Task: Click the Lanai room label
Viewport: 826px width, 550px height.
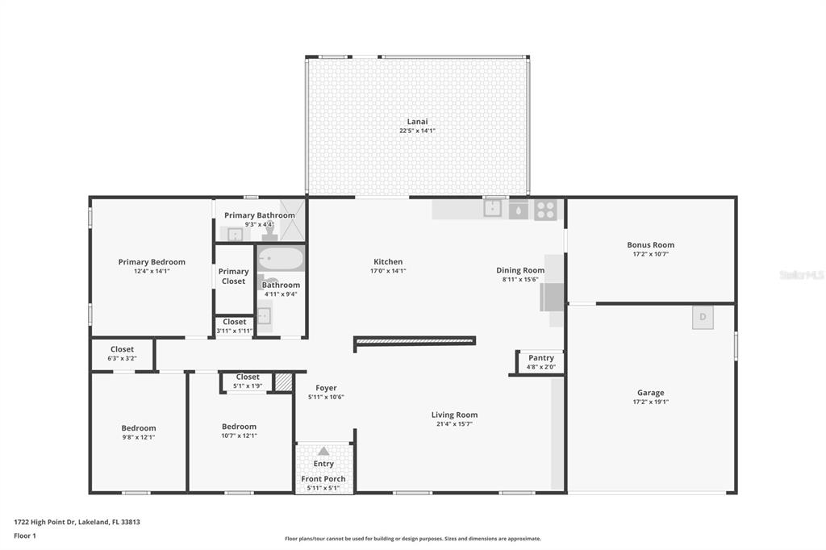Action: (x=417, y=122)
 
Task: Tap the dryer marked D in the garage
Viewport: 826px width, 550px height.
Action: (x=703, y=317)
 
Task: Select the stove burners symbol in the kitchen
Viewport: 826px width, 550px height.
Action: (x=546, y=210)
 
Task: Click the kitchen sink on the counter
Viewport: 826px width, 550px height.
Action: (x=493, y=208)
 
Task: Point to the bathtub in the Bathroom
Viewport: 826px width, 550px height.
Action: (x=281, y=259)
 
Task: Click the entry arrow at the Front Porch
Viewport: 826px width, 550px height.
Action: (x=323, y=451)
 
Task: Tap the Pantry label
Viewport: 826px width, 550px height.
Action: (x=541, y=358)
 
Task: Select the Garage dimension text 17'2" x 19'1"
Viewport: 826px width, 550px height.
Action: (x=651, y=402)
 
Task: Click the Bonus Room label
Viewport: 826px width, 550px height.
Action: (x=651, y=244)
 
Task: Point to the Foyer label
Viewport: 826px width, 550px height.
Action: (x=326, y=388)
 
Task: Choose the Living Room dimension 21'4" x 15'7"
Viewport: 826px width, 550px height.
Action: (x=455, y=423)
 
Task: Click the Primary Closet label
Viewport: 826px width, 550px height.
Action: (x=233, y=276)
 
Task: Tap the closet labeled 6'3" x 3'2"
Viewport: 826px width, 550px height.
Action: (x=123, y=353)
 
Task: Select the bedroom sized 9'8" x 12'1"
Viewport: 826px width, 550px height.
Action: (x=139, y=432)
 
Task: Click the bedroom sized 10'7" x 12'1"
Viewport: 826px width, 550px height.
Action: (x=240, y=431)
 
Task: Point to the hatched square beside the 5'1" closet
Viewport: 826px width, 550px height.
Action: (x=283, y=382)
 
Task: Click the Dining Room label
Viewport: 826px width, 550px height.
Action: (x=520, y=270)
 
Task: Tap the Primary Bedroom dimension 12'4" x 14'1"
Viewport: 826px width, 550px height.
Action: (x=152, y=271)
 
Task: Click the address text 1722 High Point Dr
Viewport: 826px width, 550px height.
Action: (x=45, y=522)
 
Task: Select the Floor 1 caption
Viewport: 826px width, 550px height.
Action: (x=25, y=535)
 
